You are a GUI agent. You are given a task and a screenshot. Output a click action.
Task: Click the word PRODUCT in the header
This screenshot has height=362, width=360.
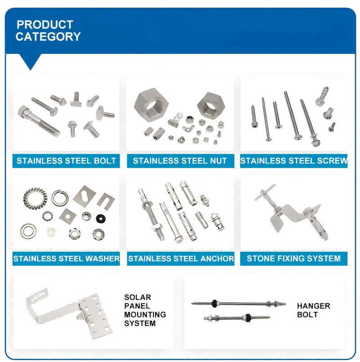[x=45, y=25]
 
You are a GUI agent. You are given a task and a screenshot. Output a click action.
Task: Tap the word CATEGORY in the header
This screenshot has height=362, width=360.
[x=48, y=37]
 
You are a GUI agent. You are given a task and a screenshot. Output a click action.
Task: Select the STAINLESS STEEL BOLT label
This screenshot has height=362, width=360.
[x=66, y=161]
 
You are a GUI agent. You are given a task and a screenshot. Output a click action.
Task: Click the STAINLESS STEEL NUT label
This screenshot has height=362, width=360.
[x=180, y=161]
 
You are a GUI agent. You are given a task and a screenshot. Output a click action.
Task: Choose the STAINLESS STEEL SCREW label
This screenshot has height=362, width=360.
[x=294, y=161]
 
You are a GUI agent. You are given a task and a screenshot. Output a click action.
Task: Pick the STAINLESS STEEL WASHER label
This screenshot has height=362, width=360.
[x=66, y=258]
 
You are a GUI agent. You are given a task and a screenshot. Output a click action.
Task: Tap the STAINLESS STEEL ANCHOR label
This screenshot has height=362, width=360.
[x=181, y=258]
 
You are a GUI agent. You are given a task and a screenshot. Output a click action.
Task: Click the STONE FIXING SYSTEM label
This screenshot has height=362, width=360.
[x=293, y=258]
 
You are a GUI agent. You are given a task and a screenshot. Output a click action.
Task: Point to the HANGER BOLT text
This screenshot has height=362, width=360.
[x=313, y=310]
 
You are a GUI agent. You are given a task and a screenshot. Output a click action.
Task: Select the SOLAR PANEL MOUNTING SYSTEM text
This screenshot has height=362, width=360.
[x=145, y=310]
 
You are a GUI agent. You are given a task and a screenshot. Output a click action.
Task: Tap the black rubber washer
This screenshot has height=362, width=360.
[x=101, y=218]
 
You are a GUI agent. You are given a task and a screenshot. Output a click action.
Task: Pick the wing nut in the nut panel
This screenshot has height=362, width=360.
[x=188, y=128]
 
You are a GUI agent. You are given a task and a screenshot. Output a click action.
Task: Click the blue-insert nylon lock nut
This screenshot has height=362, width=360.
[x=190, y=120]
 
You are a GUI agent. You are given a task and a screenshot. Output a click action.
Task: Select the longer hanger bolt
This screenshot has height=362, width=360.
[x=238, y=303]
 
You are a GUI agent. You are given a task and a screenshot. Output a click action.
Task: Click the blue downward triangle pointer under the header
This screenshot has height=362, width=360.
[x=30, y=61]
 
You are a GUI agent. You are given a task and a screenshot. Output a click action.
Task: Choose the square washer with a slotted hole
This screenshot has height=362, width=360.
[x=85, y=196]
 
